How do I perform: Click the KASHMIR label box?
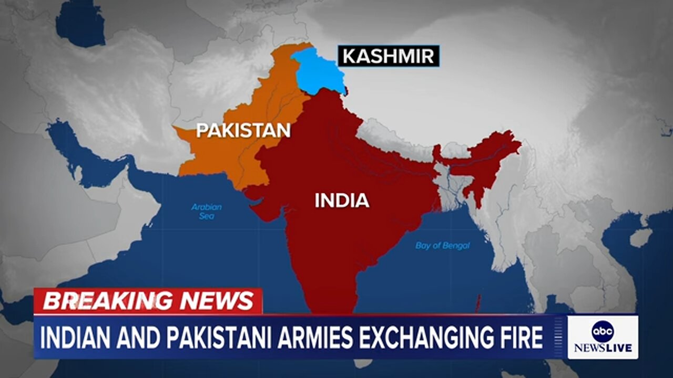tap(388, 56)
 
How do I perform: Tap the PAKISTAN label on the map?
tap(243, 130)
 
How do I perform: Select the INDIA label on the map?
tap(342, 201)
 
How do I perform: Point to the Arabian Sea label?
tap(206, 211)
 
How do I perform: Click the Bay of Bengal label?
tap(442, 246)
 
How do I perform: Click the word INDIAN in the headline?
tap(77, 338)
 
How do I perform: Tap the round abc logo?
tap(603, 331)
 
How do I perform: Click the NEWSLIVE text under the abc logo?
tap(603, 348)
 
